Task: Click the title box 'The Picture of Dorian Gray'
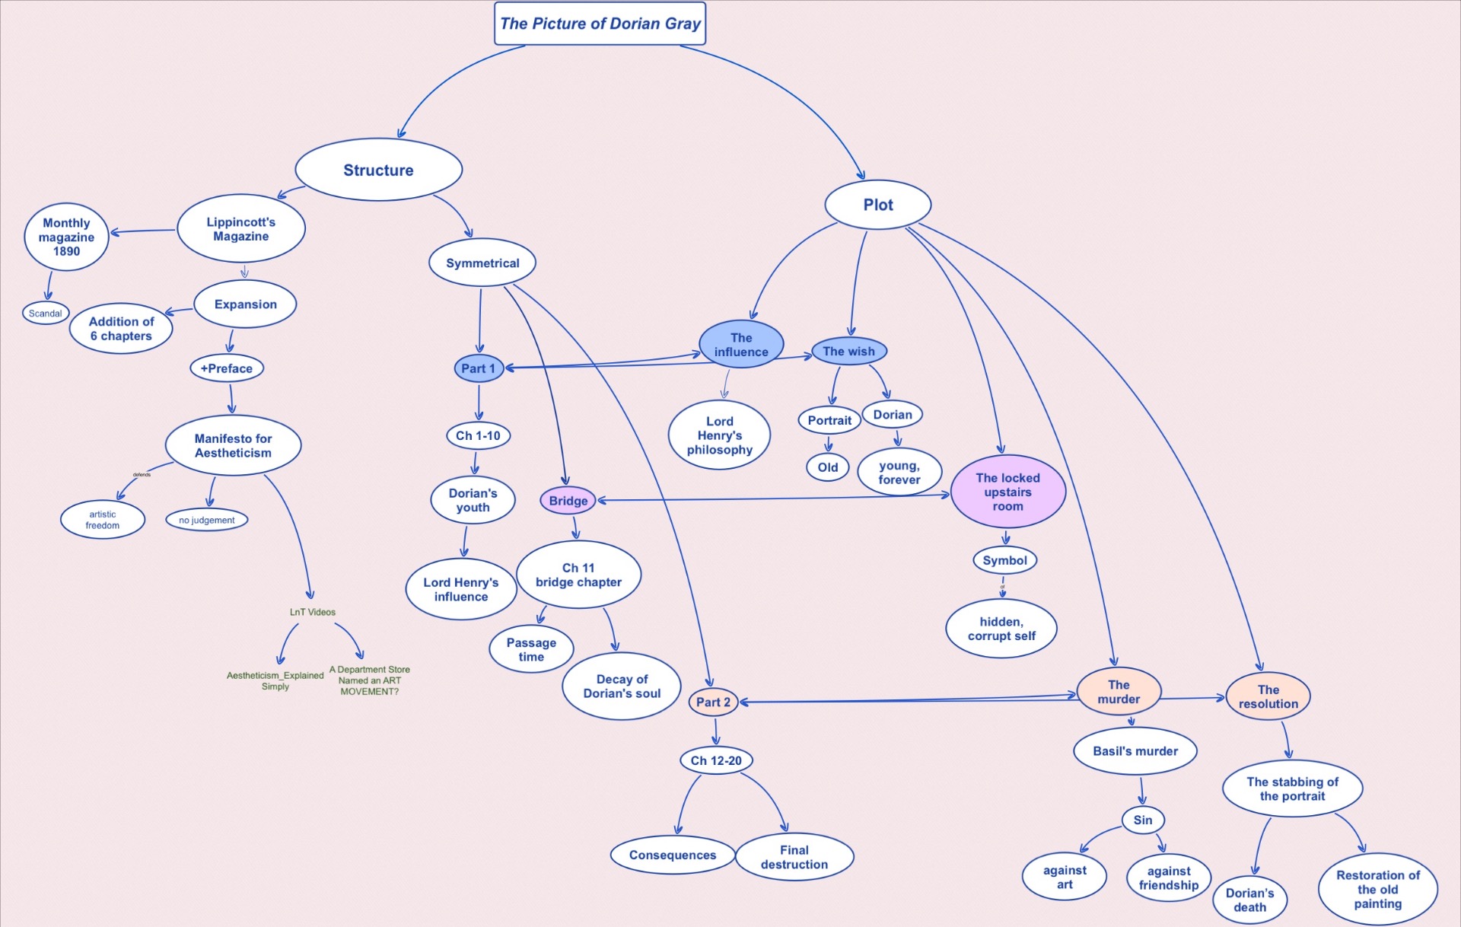pos(600,24)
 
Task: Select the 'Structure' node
pos(378,170)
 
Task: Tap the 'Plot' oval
pos(877,205)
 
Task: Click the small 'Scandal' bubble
pos(46,313)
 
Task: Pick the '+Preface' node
pos(227,368)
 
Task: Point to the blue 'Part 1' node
pos(478,368)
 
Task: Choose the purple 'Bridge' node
pos(568,501)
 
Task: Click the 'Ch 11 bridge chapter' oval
pos(578,575)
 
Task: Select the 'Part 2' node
pos(713,702)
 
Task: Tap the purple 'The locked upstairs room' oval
pos(1007,492)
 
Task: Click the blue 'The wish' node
pos(848,351)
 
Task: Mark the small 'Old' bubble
pos(827,467)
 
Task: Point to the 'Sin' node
pos(1142,820)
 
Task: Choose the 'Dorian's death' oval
pos(1249,900)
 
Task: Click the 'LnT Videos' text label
pos(312,612)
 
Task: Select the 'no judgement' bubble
pos(207,520)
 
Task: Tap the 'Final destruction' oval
pos(794,857)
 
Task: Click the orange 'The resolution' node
pos(1268,696)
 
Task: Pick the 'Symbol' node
pos(1004,560)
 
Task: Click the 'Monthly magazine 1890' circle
pos(66,237)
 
